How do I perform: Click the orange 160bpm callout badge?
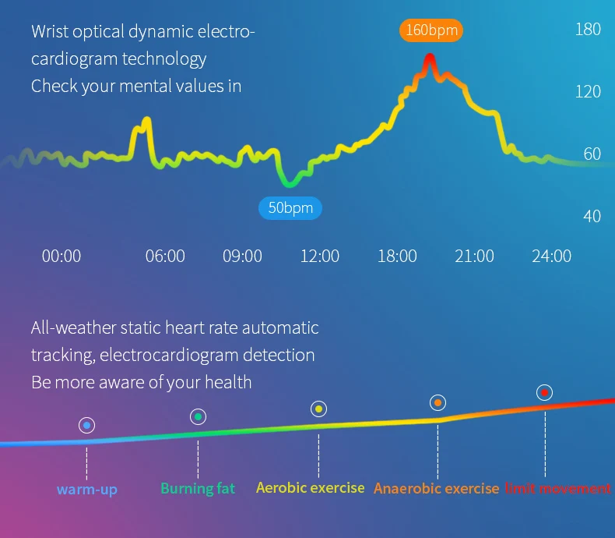click(431, 30)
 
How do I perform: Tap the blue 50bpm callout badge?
click(290, 207)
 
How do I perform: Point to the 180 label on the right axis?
click(588, 30)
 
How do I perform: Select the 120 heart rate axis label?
click(588, 91)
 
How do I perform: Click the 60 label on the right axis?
click(592, 154)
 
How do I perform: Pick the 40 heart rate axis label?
click(592, 217)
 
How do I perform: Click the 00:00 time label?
click(61, 256)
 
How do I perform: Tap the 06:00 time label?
click(165, 256)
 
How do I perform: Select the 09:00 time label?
click(242, 256)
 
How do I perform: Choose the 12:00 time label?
click(320, 256)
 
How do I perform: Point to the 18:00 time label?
click(397, 256)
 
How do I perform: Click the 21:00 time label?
click(474, 256)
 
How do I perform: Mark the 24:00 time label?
click(551, 256)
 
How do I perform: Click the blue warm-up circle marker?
click(86, 425)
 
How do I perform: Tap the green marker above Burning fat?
click(198, 416)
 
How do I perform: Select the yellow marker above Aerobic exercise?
click(319, 409)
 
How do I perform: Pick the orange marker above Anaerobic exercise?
click(438, 403)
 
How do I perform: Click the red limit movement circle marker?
click(545, 393)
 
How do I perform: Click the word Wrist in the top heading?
click(50, 31)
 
